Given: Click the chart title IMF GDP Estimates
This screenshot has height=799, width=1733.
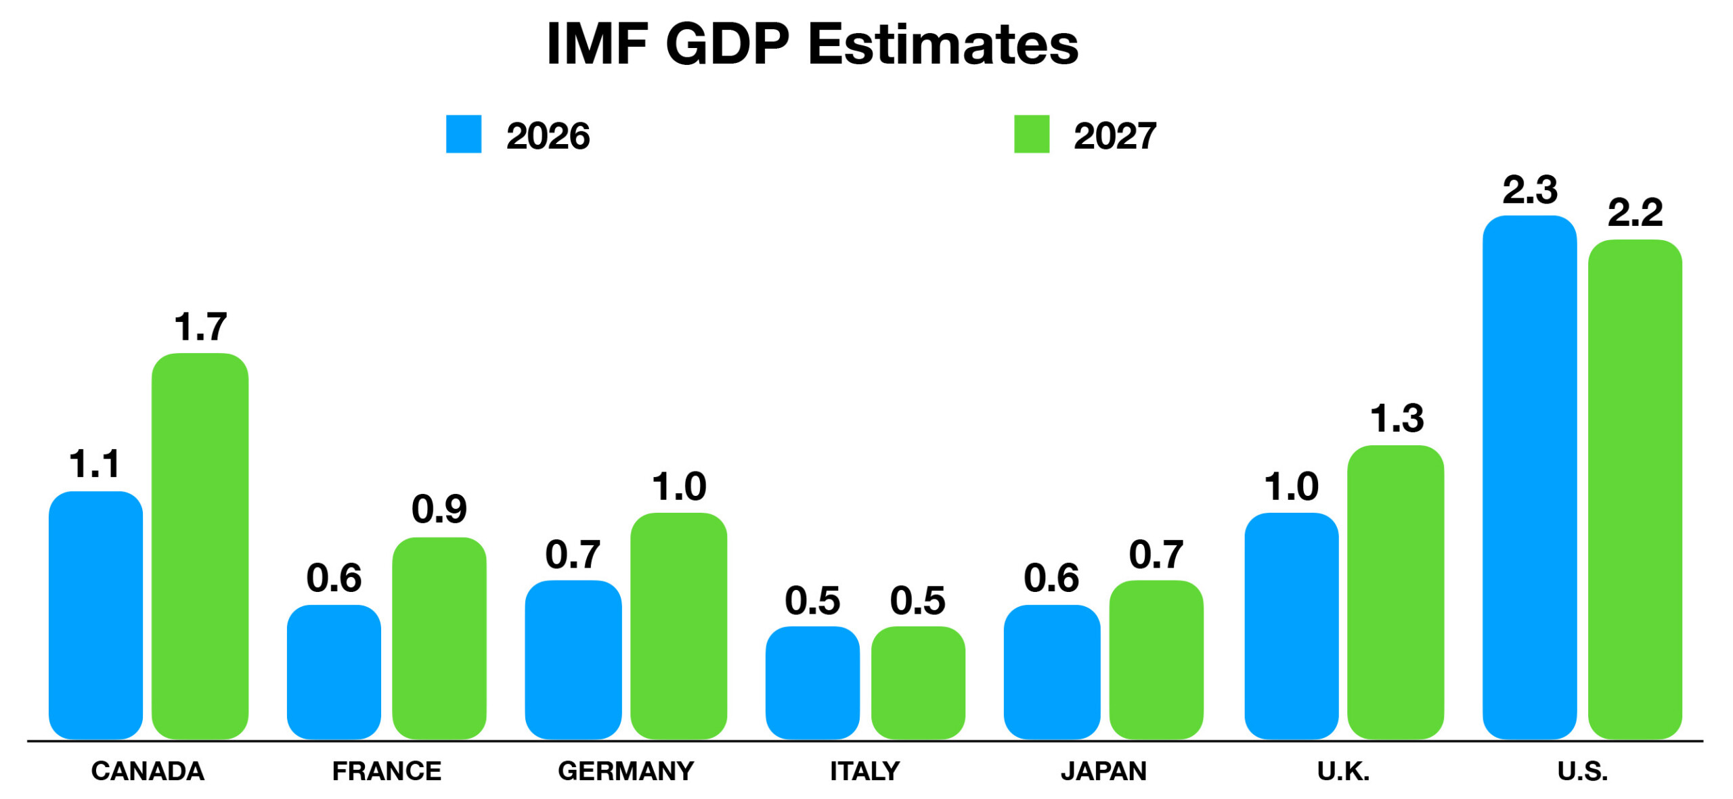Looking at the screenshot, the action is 812,44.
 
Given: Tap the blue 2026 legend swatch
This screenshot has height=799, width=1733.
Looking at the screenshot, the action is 464,134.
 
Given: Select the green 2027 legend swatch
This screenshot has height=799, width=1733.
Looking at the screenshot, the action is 1032,134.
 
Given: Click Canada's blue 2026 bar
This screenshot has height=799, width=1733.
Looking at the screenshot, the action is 96,615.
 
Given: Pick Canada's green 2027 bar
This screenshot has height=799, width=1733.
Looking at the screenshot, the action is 200,546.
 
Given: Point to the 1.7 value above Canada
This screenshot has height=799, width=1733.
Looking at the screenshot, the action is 200,327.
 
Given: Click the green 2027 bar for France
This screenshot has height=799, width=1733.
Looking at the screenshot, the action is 439,638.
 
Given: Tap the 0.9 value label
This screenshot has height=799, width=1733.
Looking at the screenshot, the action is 439,509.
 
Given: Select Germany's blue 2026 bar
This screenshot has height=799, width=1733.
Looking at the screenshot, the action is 573,660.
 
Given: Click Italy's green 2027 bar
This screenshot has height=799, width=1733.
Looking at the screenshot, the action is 918,683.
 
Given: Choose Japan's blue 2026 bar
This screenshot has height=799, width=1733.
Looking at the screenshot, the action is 1052,672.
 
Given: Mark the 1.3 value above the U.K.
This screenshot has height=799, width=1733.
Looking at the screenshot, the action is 1397,418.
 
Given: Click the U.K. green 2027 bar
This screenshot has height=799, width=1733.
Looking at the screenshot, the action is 1396,592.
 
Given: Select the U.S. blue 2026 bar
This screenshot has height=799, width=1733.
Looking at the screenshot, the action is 1530,477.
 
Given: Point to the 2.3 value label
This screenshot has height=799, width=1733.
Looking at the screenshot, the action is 1530,189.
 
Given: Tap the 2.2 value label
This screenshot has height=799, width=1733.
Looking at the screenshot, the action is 1636,212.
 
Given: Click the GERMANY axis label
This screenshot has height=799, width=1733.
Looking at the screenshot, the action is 626,771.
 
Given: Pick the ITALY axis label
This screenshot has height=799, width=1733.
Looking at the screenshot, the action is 865,771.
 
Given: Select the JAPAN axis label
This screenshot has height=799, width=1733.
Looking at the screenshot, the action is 1104,771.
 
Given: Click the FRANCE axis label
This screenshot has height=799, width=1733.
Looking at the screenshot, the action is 387,771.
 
